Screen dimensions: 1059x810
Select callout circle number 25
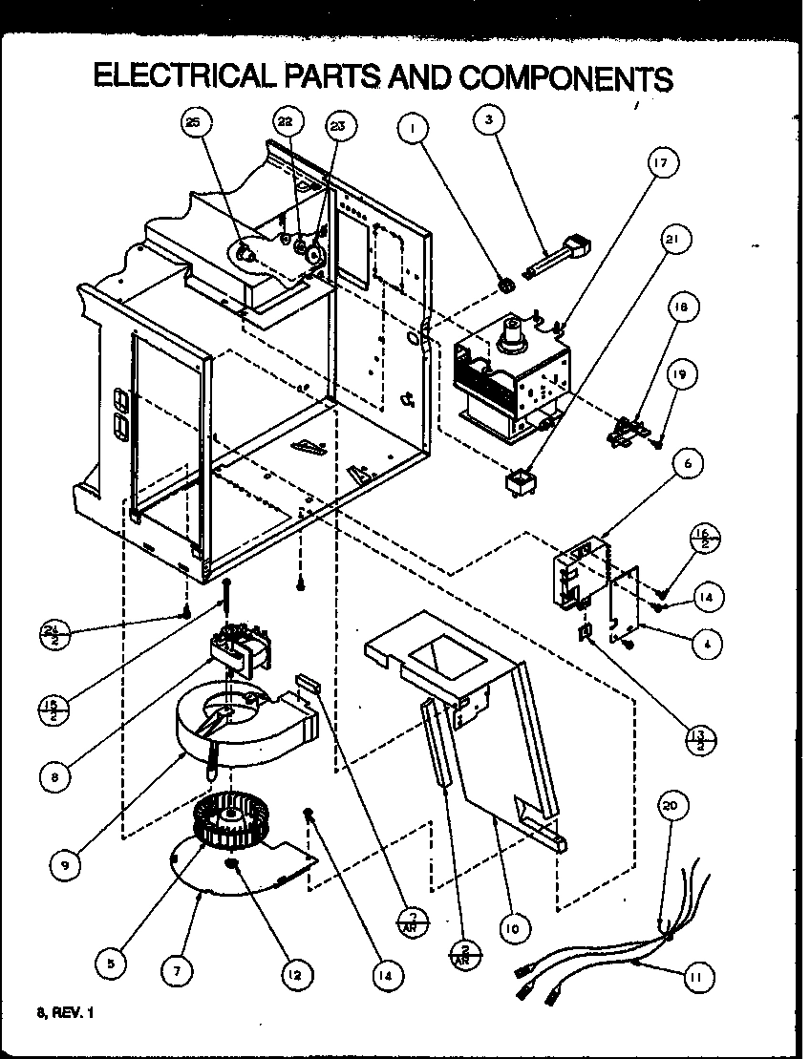pos(194,124)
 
